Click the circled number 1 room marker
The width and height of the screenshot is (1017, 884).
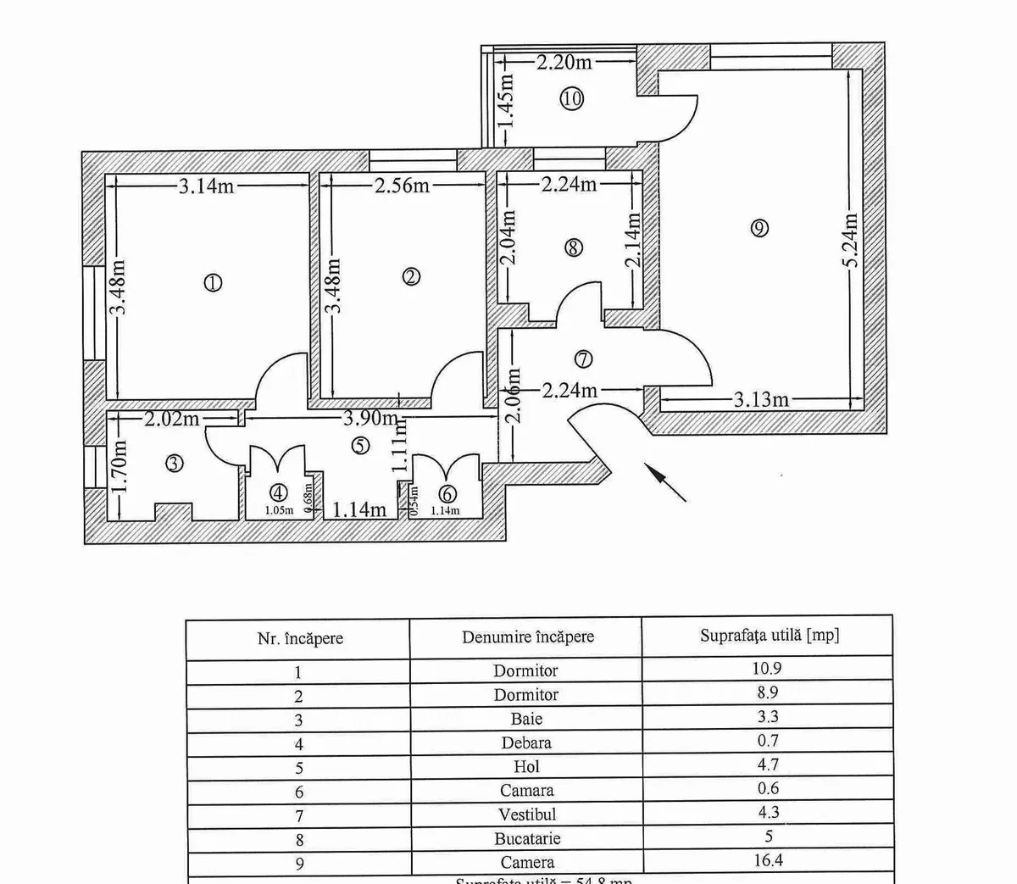pos(213,283)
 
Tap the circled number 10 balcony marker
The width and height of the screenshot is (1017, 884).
pos(572,98)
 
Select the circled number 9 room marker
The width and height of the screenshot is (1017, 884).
pos(759,227)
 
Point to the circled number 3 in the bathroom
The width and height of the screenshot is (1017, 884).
pos(174,464)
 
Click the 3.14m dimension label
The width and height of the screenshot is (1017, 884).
pos(206,186)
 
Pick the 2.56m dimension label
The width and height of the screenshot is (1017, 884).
pos(403,186)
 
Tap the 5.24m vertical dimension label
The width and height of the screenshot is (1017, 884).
pos(851,240)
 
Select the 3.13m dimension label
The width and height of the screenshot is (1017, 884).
pos(761,399)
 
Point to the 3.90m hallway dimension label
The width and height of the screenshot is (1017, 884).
pos(371,418)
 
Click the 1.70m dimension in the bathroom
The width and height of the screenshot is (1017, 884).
pos(119,468)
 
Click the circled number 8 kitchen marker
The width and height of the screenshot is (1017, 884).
pos(573,247)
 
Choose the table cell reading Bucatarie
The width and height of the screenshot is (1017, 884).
pos(526,839)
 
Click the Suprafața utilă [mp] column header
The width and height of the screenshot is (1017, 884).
pos(770,636)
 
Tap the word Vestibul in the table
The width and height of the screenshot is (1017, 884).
pos(526,815)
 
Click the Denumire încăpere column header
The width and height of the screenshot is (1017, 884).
pos(528,637)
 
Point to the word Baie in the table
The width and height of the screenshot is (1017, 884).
pos(526,719)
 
